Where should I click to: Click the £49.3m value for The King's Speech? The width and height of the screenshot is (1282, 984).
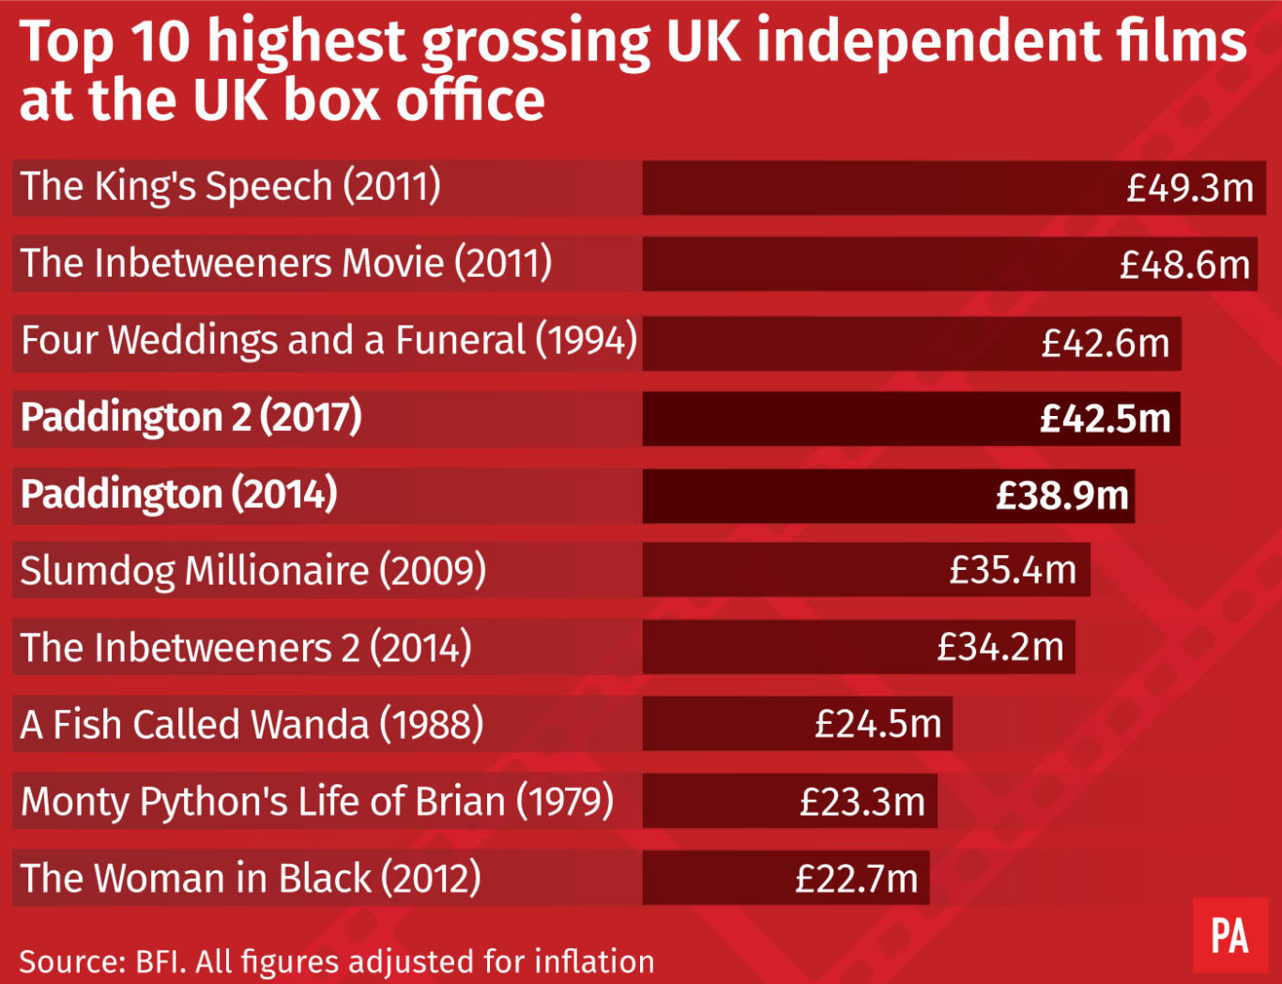pos(1189,188)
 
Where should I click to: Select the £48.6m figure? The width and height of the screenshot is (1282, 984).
pos(1184,265)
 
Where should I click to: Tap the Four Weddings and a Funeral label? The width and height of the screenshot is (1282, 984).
pos(328,340)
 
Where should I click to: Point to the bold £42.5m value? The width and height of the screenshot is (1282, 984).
pos(1105,419)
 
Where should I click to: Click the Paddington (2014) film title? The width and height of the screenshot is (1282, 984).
pos(179,494)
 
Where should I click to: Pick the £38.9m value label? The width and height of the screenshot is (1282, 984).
pos(1061,496)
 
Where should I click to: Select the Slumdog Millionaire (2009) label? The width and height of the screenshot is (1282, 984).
pos(253,571)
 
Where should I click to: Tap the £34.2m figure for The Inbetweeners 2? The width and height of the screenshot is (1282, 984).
pos(1000,647)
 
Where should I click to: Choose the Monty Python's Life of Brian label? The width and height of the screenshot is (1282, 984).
pos(317,802)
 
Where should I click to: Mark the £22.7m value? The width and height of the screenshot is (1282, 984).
pos(856,879)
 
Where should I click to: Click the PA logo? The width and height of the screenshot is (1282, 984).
pos(1229,936)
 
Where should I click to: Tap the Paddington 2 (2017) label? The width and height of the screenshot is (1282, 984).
pos(191,417)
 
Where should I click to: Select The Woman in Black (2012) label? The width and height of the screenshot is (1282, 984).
pos(251,879)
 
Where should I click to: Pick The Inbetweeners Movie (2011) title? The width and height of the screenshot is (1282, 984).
pos(286,263)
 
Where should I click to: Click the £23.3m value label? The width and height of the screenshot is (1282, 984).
pos(862,802)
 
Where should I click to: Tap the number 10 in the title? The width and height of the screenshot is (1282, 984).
pos(160,41)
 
